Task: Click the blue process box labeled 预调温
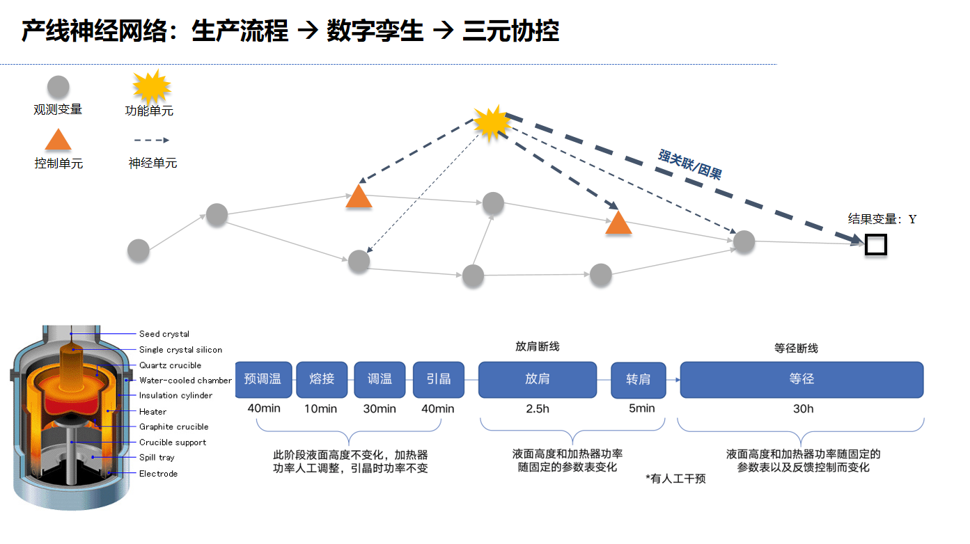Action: tap(263, 380)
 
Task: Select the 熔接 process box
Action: tap(322, 380)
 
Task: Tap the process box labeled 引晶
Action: tap(438, 380)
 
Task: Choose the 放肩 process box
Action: tap(538, 380)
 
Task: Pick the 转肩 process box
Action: tap(639, 380)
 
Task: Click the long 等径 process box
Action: tap(801, 380)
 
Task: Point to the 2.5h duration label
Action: tap(538, 408)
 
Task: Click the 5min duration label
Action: tap(642, 408)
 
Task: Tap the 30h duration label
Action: tap(804, 408)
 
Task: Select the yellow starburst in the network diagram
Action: tap(492, 123)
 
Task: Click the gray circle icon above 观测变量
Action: tap(58, 87)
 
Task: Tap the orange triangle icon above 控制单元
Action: tap(58, 140)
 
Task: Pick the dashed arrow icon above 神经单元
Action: tap(152, 141)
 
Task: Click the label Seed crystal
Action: tap(164, 334)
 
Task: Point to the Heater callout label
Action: tap(152, 412)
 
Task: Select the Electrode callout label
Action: tap(158, 474)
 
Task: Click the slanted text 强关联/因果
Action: tap(690, 164)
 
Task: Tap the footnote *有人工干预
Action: tap(675, 479)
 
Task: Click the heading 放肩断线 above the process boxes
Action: tap(537, 346)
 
